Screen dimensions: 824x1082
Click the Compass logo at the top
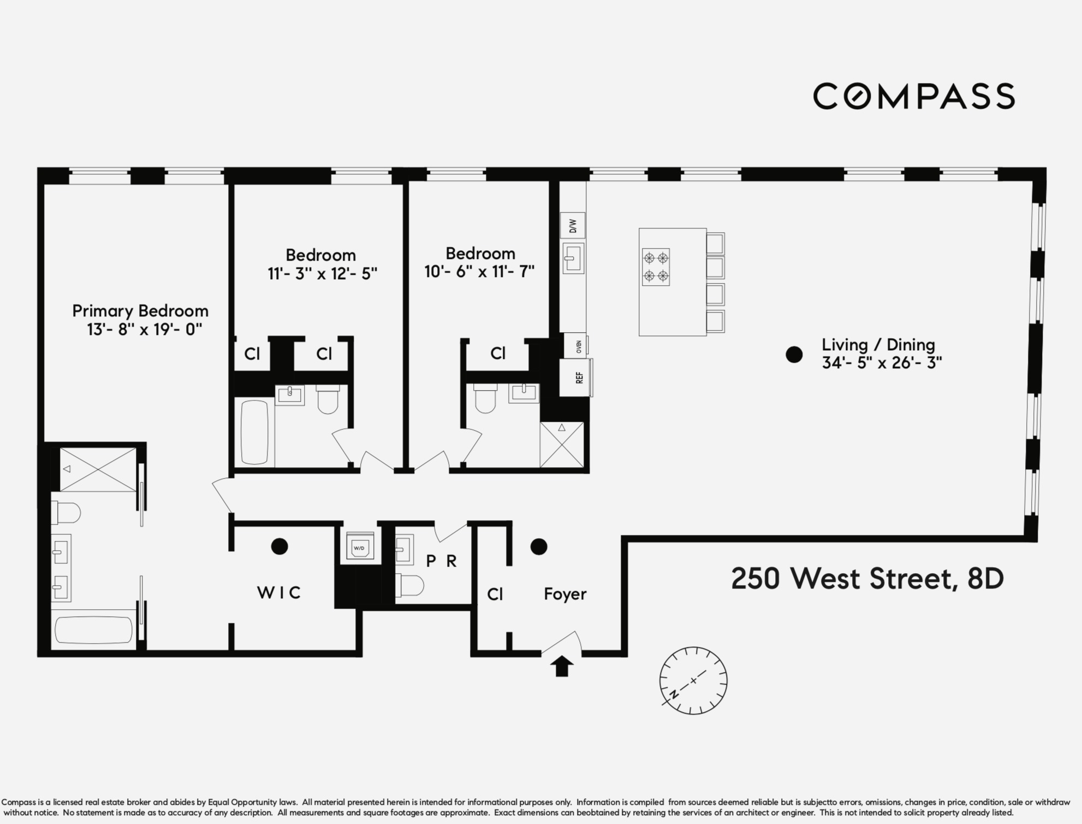click(913, 96)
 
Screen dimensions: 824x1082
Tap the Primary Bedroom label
click(140, 311)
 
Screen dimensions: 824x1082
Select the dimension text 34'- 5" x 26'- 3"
click(882, 363)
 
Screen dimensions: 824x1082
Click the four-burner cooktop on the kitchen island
click(656, 267)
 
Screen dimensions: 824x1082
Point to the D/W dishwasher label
click(573, 226)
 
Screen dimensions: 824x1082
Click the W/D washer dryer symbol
click(359, 547)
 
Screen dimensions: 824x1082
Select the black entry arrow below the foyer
click(562, 667)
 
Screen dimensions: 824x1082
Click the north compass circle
click(693, 680)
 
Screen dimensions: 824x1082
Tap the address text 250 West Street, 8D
click(867, 579)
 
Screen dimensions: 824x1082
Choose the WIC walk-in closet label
click(279, 593)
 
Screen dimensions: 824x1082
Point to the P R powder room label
click(441, 561)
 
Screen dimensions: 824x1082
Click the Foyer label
click(565, 594)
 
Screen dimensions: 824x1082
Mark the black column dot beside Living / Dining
click(794, 355)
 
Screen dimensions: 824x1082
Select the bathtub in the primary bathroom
click(94, 630)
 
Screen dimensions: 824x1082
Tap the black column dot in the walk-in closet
click(280, 546)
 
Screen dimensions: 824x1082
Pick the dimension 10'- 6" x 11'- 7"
click(479, 272)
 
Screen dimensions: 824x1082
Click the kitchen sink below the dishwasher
click(573, 258)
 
